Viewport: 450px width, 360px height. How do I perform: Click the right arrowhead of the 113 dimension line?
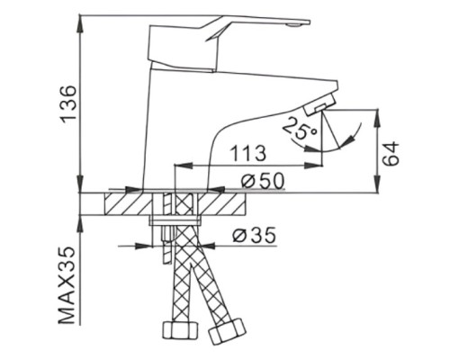[x=319, y=166]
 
